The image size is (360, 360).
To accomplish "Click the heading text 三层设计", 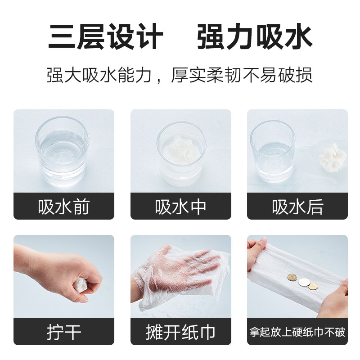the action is (x=106, y=36).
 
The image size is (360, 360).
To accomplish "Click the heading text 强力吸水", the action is (x=255, y=36).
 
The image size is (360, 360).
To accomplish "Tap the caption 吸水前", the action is (x=63, y=207).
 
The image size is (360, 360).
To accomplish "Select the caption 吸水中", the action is (x=180, y=207).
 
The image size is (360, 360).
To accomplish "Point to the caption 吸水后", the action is (x=297, y=207).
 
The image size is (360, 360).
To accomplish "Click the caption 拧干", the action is (x=64, y=332).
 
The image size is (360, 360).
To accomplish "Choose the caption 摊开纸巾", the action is (x=180, y=332).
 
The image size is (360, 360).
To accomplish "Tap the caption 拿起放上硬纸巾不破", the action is (x=297, y=332).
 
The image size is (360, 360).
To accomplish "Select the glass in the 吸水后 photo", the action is (x=272, y=152).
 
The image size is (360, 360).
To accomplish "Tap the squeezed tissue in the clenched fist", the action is (x=81, y=285).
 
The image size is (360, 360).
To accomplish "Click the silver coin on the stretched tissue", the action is (x=304, y=282).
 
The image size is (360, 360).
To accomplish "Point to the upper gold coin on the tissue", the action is (x=292, y=277).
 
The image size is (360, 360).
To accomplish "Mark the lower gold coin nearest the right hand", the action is (x=313, y=286).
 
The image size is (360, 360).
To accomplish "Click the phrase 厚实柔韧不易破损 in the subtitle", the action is (x=242, y=75).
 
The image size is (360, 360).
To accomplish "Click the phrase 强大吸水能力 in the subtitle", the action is (x=99, y=75).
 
